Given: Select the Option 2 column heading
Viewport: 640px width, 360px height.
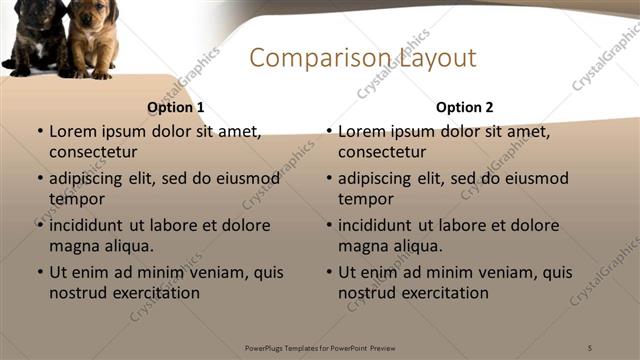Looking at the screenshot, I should coord(464,107).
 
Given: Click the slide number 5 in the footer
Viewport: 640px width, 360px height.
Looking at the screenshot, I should coord(590,347).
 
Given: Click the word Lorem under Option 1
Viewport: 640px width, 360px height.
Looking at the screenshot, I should coord(72,131).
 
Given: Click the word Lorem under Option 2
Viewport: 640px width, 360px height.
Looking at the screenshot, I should coord(361,131).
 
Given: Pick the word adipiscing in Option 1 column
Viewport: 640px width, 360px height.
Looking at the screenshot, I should coord(91,178).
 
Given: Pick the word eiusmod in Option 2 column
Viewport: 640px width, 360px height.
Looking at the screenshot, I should coord(535,178).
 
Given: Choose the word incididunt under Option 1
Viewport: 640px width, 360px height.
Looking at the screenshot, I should coord(93,225).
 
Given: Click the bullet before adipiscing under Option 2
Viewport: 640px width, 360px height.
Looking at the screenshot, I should coord(328,179).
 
